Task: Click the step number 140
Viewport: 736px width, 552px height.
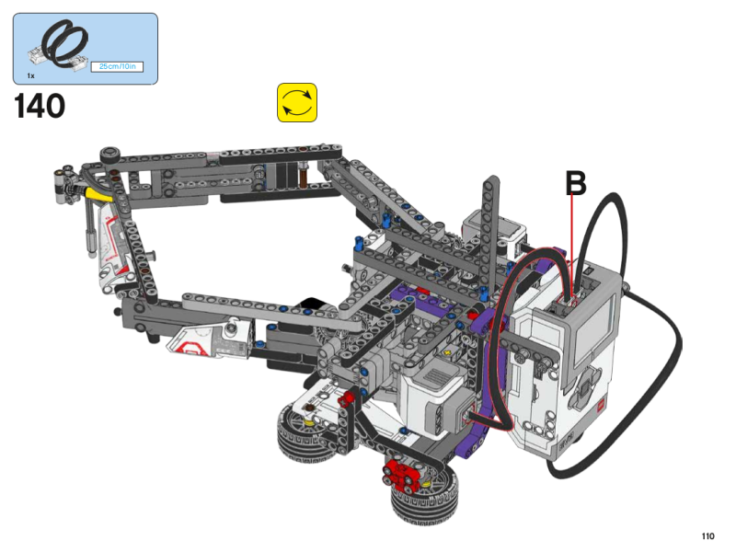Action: tap(40, 107)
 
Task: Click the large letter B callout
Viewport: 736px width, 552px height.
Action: tap(575, 183)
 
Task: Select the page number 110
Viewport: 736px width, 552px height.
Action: tap(707, 536)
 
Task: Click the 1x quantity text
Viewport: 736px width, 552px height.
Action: tap(30, 75)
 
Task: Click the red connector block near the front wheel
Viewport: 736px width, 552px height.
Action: tap(400, 475)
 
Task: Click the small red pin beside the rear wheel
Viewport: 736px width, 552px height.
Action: tap(348, 399)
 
